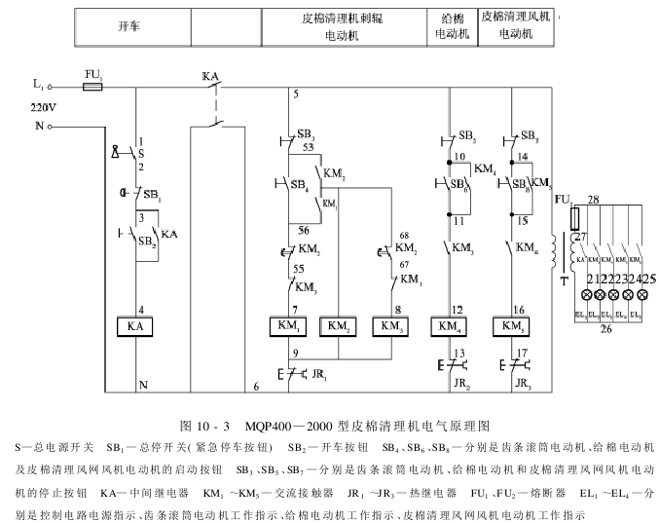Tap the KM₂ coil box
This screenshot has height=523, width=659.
338,325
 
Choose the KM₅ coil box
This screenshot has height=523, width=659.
511,325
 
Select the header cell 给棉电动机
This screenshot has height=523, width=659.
451,25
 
